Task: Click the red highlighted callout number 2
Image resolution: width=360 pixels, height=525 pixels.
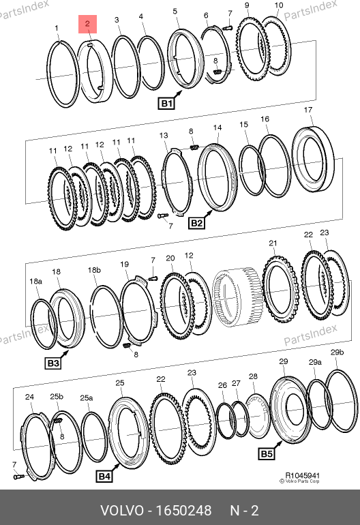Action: coord(87,24)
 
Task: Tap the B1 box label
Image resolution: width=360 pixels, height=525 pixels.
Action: coord(166,104)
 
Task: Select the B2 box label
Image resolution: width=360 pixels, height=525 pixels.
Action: coord(196,223)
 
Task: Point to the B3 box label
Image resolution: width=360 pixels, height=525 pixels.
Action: coord(53,363)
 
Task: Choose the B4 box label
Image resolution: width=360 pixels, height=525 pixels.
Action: coord(104,476)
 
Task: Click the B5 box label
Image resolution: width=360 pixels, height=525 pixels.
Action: coord(267,453)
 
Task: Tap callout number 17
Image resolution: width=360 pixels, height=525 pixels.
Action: coord(308,110)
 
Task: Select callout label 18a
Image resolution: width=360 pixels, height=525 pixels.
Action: coord(36,281)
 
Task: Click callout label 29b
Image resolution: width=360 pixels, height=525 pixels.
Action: coord(337,352)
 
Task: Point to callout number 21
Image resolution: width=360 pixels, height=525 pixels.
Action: coord(273,243)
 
